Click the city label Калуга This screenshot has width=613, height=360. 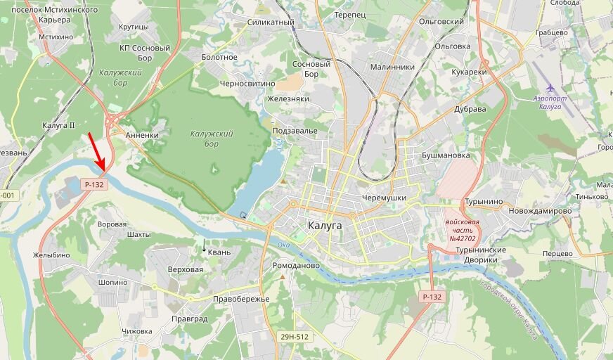pos(324,225)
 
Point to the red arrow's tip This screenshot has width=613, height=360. pos(103,171)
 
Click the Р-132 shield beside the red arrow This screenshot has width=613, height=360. pos(93,184)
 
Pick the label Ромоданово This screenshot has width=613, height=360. pos(295,266)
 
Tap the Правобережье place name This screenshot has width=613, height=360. pos(241,299)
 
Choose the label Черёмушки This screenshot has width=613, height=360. pos(382,198)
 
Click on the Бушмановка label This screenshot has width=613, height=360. pos(445,155)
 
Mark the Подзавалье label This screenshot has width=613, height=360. pos(295,131)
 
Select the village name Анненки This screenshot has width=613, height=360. pos(141,134)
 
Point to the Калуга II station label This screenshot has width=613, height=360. pos(58,125)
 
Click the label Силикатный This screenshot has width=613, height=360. pos(271,22)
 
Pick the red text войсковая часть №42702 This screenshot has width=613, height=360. pos(462,230)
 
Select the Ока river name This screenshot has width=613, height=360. pos(283,245)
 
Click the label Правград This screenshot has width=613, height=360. pos(189,319)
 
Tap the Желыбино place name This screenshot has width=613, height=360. pos(51,255)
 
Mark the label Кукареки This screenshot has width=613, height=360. pos(469,72)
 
